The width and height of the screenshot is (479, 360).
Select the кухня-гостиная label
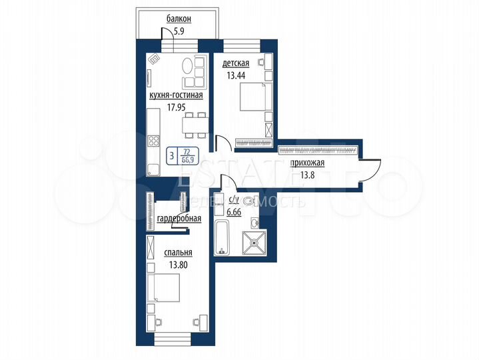tap(175, 95)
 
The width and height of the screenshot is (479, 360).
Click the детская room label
tap(236, 63)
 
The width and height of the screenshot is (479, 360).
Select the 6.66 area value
tap(234, 212)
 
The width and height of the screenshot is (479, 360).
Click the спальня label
tap(179, 253)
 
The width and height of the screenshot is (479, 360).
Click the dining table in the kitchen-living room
tap(196, 124)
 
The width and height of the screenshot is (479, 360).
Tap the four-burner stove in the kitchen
tap(153, 141)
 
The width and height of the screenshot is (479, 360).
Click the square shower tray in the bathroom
tap(254, 243)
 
